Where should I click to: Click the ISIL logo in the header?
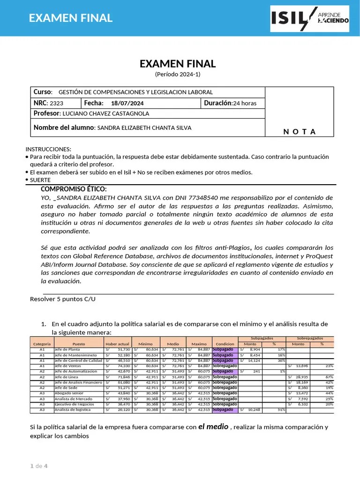click(x=310, y=18)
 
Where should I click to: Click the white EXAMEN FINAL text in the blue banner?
click(x=71, y=18)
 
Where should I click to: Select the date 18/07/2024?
click(x=127, y=103)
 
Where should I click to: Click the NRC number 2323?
click(x=56, y=103)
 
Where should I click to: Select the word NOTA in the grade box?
click(x=300, y=132)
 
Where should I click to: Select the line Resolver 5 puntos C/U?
click(x=63, y=299)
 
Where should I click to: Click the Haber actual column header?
click(x=117, y=344)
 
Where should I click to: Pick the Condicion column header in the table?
click(x=225, y=344)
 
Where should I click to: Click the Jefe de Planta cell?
click(x=67, y=349)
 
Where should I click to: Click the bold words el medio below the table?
click(x=213, y=427)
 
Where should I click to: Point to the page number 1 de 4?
click(x=39, y=466)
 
